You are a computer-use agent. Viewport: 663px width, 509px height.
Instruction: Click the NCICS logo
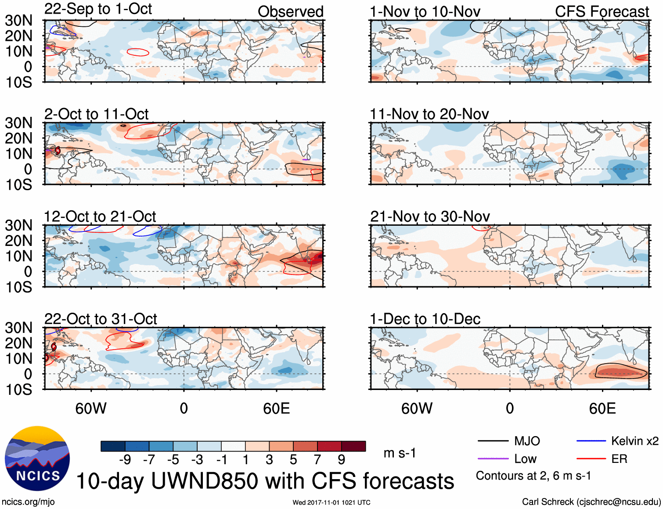(37, 458)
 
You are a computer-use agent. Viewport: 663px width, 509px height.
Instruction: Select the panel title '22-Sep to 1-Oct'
(98, 9)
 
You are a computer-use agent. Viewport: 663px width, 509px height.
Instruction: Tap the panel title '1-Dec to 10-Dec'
(425, 319)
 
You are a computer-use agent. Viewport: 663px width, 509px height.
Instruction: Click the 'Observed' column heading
(290, 11)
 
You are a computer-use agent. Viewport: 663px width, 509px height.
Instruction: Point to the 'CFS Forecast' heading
(602, 11)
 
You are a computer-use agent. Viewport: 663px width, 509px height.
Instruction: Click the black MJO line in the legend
(493, 441)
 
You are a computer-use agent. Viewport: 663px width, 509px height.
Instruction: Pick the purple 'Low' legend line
(493, 459)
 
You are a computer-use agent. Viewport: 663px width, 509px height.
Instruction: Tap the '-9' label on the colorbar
(125, 459)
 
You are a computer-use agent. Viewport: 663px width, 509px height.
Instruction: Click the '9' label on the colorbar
(341, 459)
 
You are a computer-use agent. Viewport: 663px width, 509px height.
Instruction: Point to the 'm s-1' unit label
(400, 453)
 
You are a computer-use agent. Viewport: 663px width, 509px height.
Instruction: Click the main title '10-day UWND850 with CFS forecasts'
(265, 481)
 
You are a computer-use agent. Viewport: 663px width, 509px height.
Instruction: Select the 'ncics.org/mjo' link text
(28, 502)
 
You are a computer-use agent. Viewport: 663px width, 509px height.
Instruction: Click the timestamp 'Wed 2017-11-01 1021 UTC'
(331, 502)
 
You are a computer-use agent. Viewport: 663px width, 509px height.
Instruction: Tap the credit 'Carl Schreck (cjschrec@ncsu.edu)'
(591, 502)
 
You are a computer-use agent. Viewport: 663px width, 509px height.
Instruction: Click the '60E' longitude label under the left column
(276, 408)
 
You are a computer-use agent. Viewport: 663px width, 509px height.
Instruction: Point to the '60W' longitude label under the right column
(417, 408)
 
